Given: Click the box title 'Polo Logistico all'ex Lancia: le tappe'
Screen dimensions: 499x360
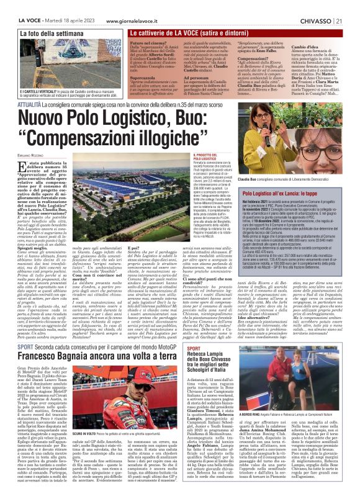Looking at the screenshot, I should click(x=285, y=194).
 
